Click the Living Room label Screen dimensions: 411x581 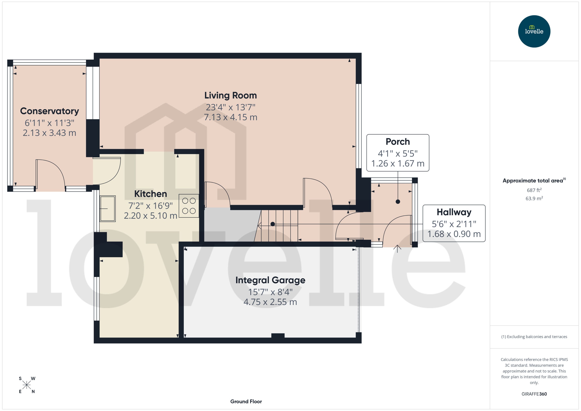[x=230, y=95]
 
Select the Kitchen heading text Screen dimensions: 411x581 [x=150, y=194]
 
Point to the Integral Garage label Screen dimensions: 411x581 [x=270, y=280]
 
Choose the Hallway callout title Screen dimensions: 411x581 [x=454, y=212]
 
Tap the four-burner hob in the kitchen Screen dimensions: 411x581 [x=189, y=206]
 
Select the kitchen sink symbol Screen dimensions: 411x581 [x=108, y=209]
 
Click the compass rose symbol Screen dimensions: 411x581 [x=27, y=385]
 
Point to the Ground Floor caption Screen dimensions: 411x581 [x=246, y=401]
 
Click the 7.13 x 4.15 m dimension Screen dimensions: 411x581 [x=230, y=117]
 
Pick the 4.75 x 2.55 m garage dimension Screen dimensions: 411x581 [x=270, y=302]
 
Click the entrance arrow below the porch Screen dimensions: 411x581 [x=397, y=249]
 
